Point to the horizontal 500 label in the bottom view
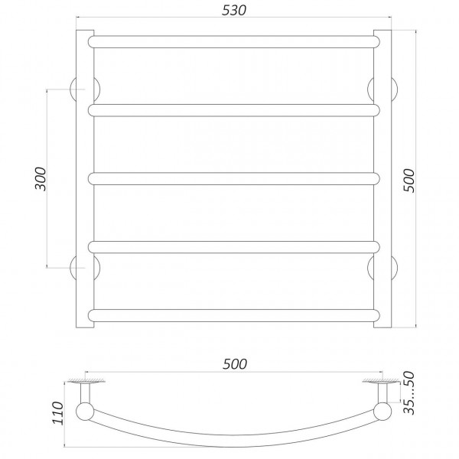[236, 364]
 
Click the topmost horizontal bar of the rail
[235, 42]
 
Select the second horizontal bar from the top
[235, 110]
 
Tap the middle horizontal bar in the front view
[235, 178]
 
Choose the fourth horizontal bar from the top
[235, 246]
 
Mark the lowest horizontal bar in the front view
[235, 314]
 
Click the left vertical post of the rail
[84, 179]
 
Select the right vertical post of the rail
[382, 179]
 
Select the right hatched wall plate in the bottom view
[380, 380]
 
